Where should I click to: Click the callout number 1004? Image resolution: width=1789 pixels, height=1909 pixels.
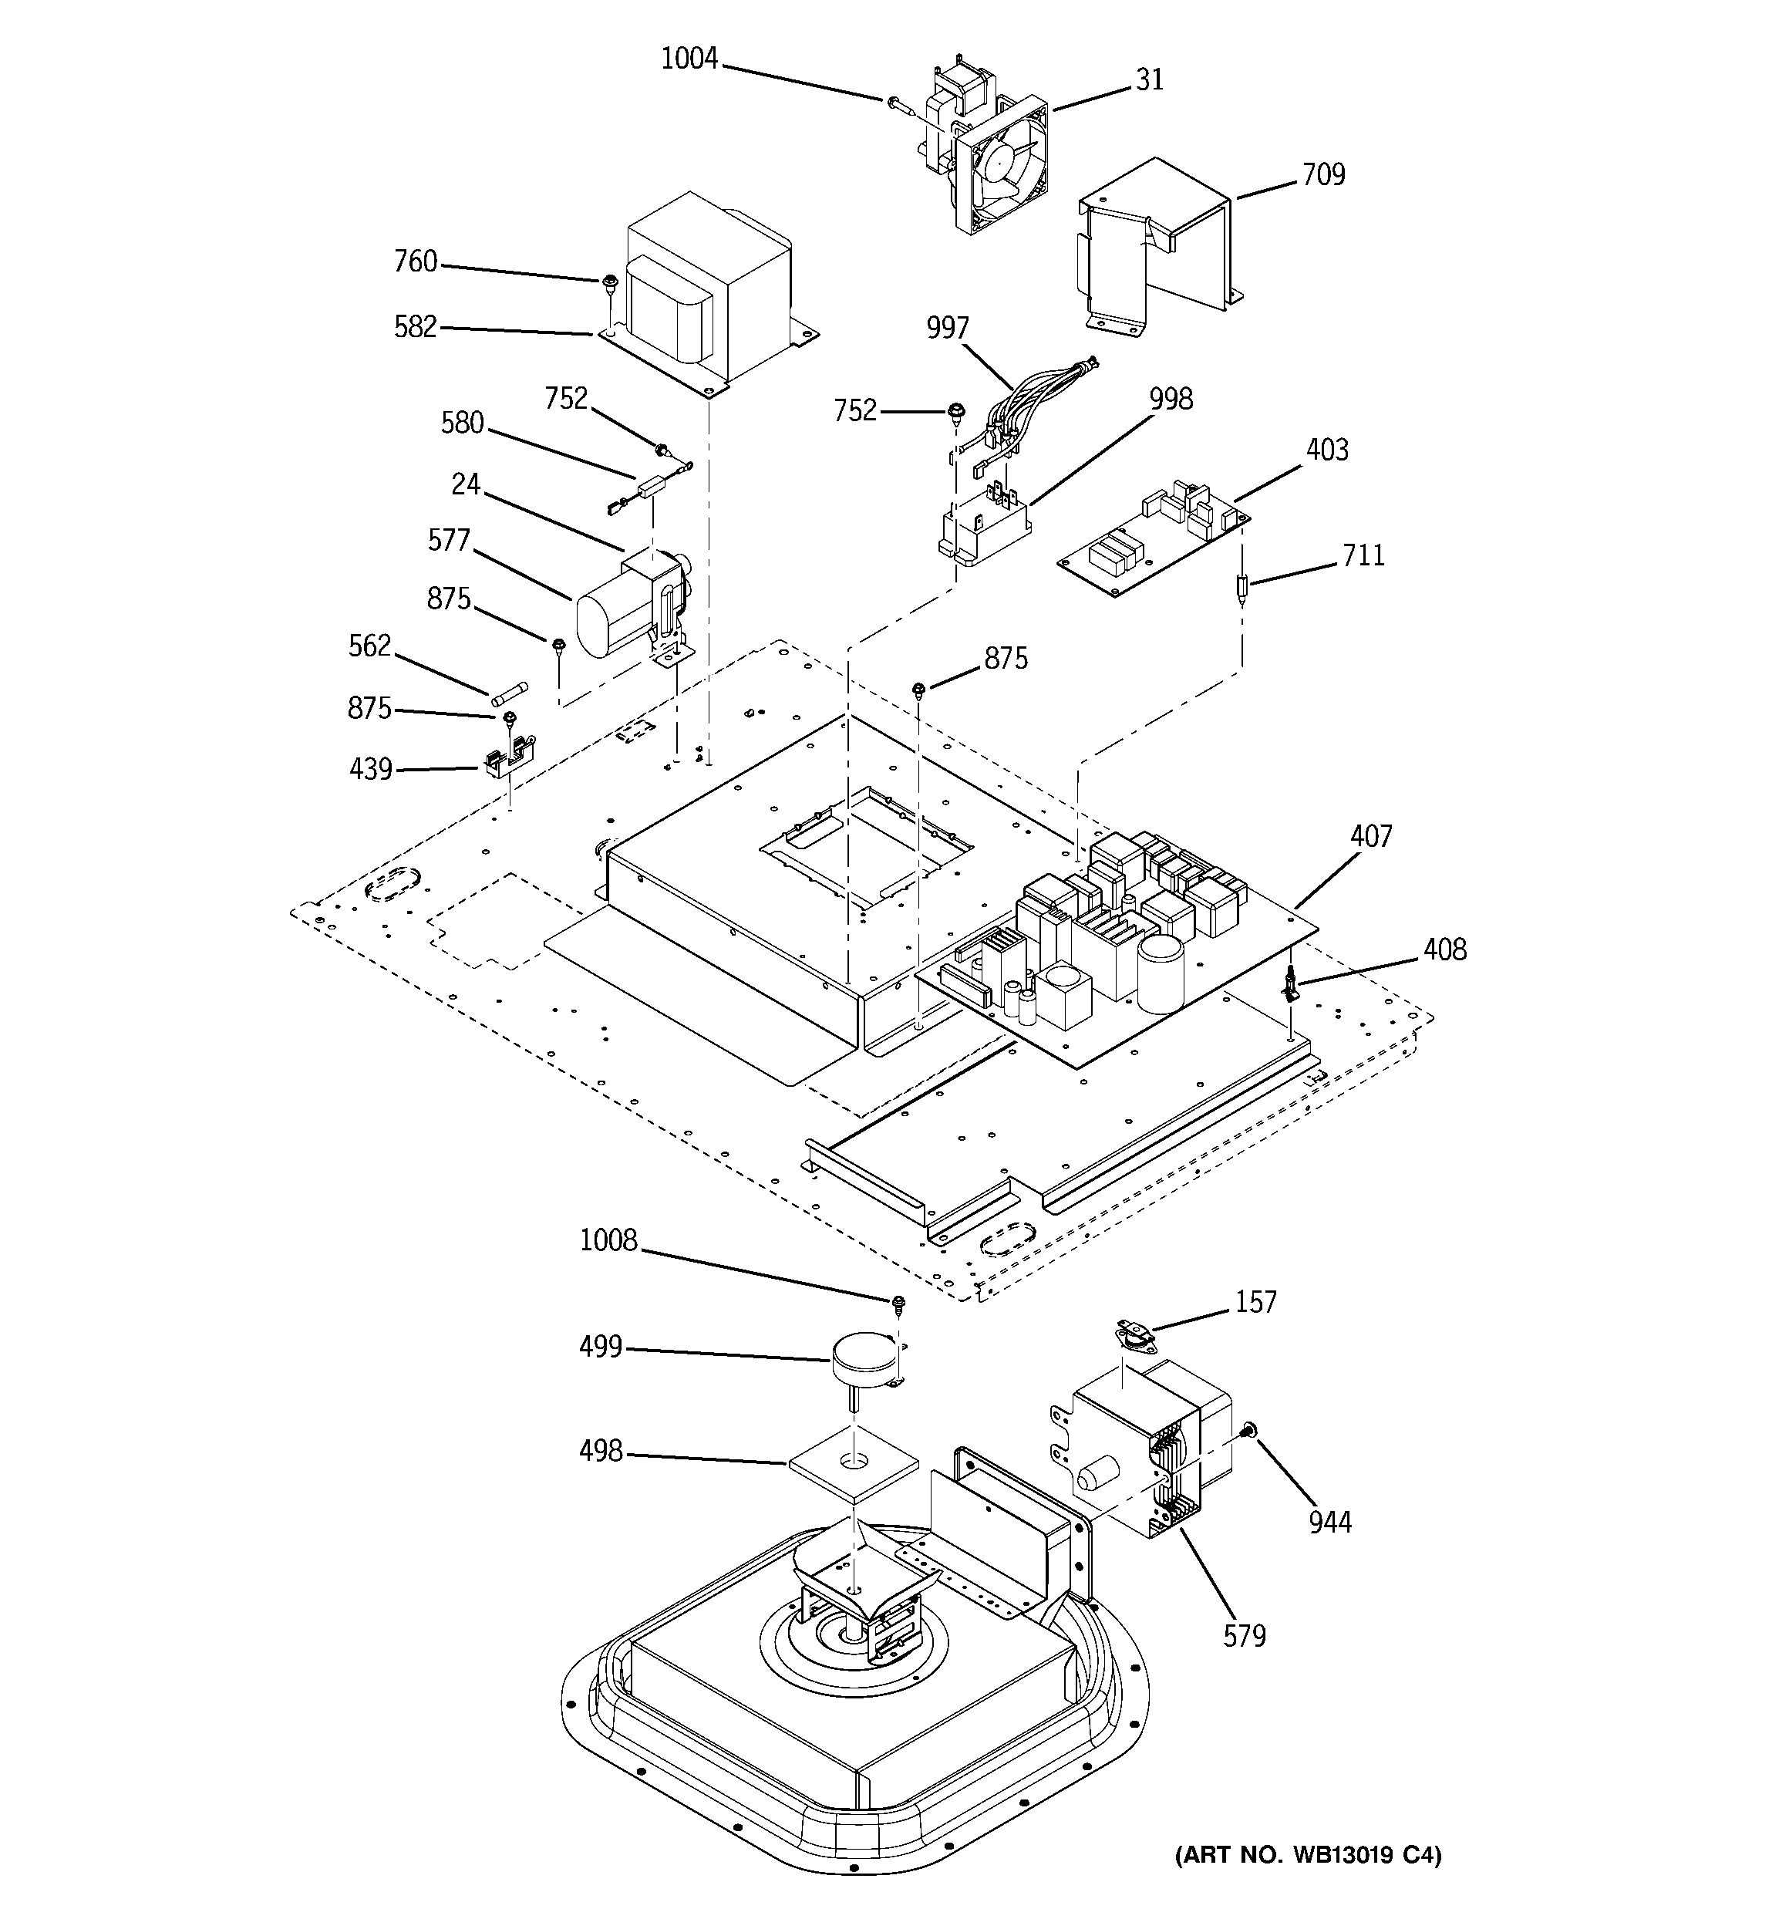[x=689, y=59]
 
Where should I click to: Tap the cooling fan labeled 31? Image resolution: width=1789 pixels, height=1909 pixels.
[x=999, y=168]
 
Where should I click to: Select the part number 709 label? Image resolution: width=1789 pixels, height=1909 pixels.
[x=1323, y=175]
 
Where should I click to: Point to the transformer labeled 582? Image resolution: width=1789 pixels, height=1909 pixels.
[x=711, y=288]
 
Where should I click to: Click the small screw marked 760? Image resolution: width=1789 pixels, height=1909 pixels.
[x=609, y=282]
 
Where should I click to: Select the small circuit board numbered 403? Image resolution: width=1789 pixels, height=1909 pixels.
[x=1152, y=542]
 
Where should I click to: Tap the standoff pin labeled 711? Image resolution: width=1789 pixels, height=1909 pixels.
[x=1242, y=588]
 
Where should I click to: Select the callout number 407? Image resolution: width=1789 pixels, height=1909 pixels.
[x=1370, y=836]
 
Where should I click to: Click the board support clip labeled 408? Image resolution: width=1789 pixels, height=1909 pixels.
[x=1292, y=983]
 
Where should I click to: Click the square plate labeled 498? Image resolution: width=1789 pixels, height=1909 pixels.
[x=853, y=1465]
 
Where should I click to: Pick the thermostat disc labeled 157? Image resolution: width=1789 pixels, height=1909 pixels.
[x=1133, y=1335]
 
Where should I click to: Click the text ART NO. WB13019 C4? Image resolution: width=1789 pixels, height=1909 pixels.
[x=1308, y=1855]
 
